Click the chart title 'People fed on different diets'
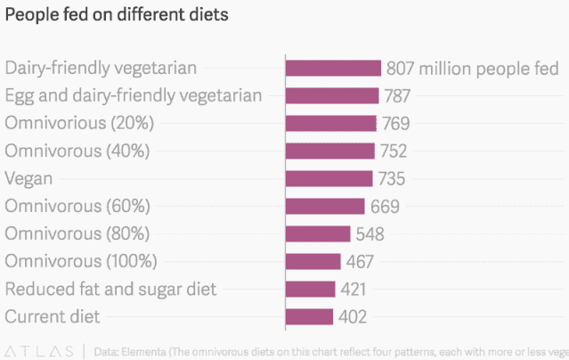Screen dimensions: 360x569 click(x=116, y=15)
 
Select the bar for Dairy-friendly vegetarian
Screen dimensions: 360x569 click(x=333, y=69)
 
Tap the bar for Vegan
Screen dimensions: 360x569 click(x=329, y=178)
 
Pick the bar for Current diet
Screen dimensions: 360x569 click(x=309, y=316)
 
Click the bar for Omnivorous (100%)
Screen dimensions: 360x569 click(x=313, y=261)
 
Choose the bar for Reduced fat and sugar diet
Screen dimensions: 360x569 click(x=311, y=289)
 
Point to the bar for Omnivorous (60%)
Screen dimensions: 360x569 click(x=325, y=206)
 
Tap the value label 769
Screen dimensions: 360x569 click(x=395, y=124)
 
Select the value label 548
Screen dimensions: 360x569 click(x=370, y=233)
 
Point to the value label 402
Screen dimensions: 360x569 click(x=352, y=316)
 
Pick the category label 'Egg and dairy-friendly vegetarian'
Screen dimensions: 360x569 click(x=134, y=95)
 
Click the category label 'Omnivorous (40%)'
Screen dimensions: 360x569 click(x=77, y=151)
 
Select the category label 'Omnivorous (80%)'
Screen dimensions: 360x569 click(x=77, y=233)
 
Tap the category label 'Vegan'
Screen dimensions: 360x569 click(x=29, y=178)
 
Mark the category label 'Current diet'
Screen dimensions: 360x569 click(x=53, y=316)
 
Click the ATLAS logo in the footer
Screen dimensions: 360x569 click(x=41, y=350)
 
